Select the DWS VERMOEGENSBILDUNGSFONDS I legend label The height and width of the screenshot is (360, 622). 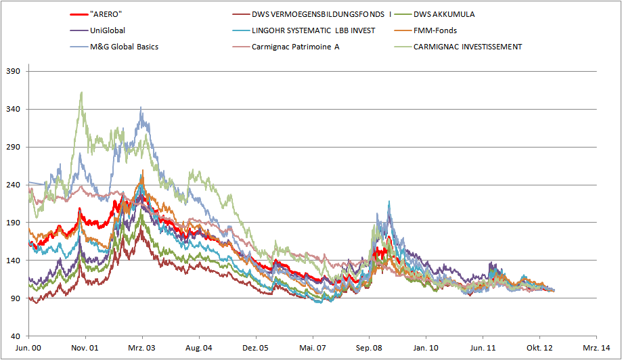pos(321,14)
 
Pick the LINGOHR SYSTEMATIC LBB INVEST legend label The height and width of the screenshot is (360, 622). pos(313,30)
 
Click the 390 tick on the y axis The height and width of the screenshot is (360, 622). pos(14,71)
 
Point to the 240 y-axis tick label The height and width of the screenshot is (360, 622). pos(14,185)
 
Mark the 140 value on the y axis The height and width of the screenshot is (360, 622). pos(14,261)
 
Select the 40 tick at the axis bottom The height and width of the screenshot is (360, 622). pos(16,336)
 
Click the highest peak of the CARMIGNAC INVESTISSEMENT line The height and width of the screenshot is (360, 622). pos(82,92)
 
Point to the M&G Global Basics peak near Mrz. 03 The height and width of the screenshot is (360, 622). pos(141,107)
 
